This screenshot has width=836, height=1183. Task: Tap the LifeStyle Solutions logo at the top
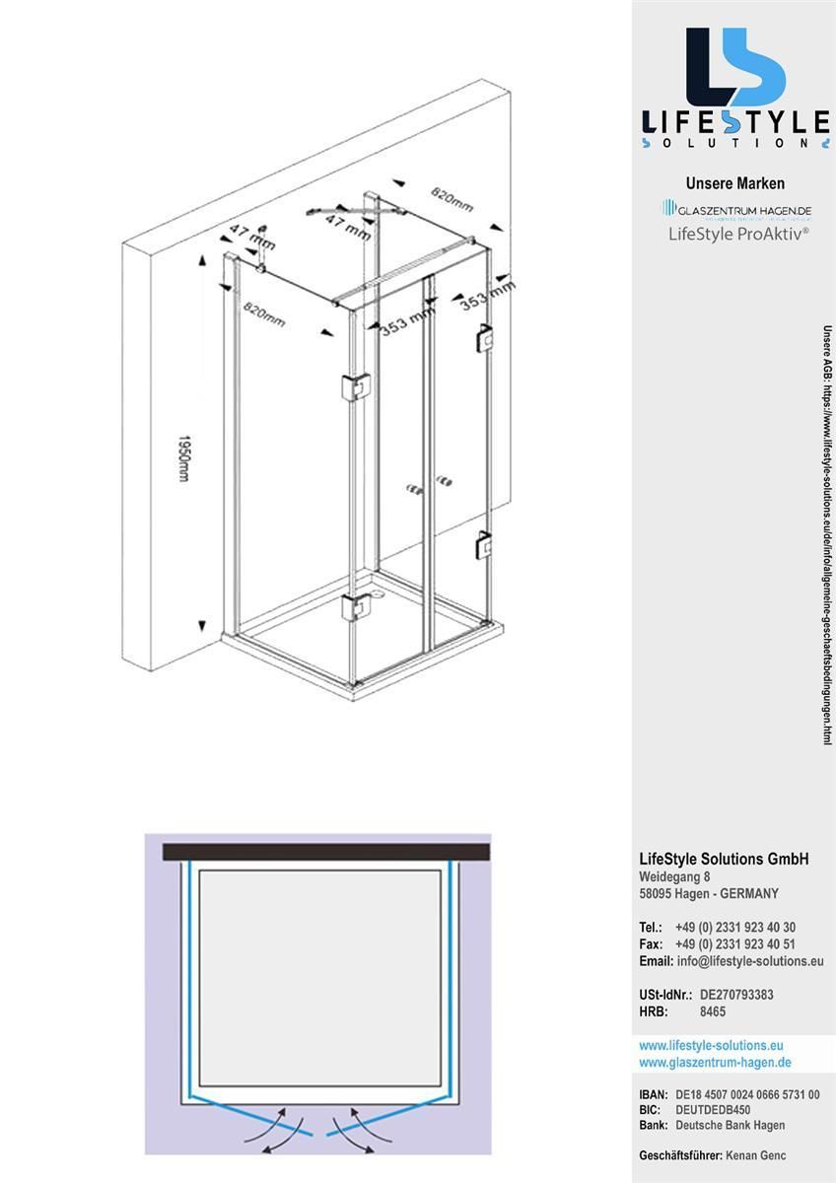click(734, 89)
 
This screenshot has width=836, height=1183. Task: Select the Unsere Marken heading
click(734, 183)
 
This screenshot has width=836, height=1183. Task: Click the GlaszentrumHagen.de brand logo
click(736, 210)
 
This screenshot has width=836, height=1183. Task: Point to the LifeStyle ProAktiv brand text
click(738, 234)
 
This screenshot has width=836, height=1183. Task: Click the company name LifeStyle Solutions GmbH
click(724, 859)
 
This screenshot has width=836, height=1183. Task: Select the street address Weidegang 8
click(674, 877)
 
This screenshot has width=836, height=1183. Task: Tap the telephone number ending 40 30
click(735, 928)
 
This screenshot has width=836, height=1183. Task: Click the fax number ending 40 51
click(735, 944)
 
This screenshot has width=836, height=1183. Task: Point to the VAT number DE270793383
click(736, 995)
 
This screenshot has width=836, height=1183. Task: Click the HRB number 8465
click(713, 1011)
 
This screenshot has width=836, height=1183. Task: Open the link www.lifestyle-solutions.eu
click(711, 1045)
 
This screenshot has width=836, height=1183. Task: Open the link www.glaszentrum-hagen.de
click(715, 1062)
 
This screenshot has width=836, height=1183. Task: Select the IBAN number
click(747, 1095)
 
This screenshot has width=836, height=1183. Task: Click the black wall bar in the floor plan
click(327, 850)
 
